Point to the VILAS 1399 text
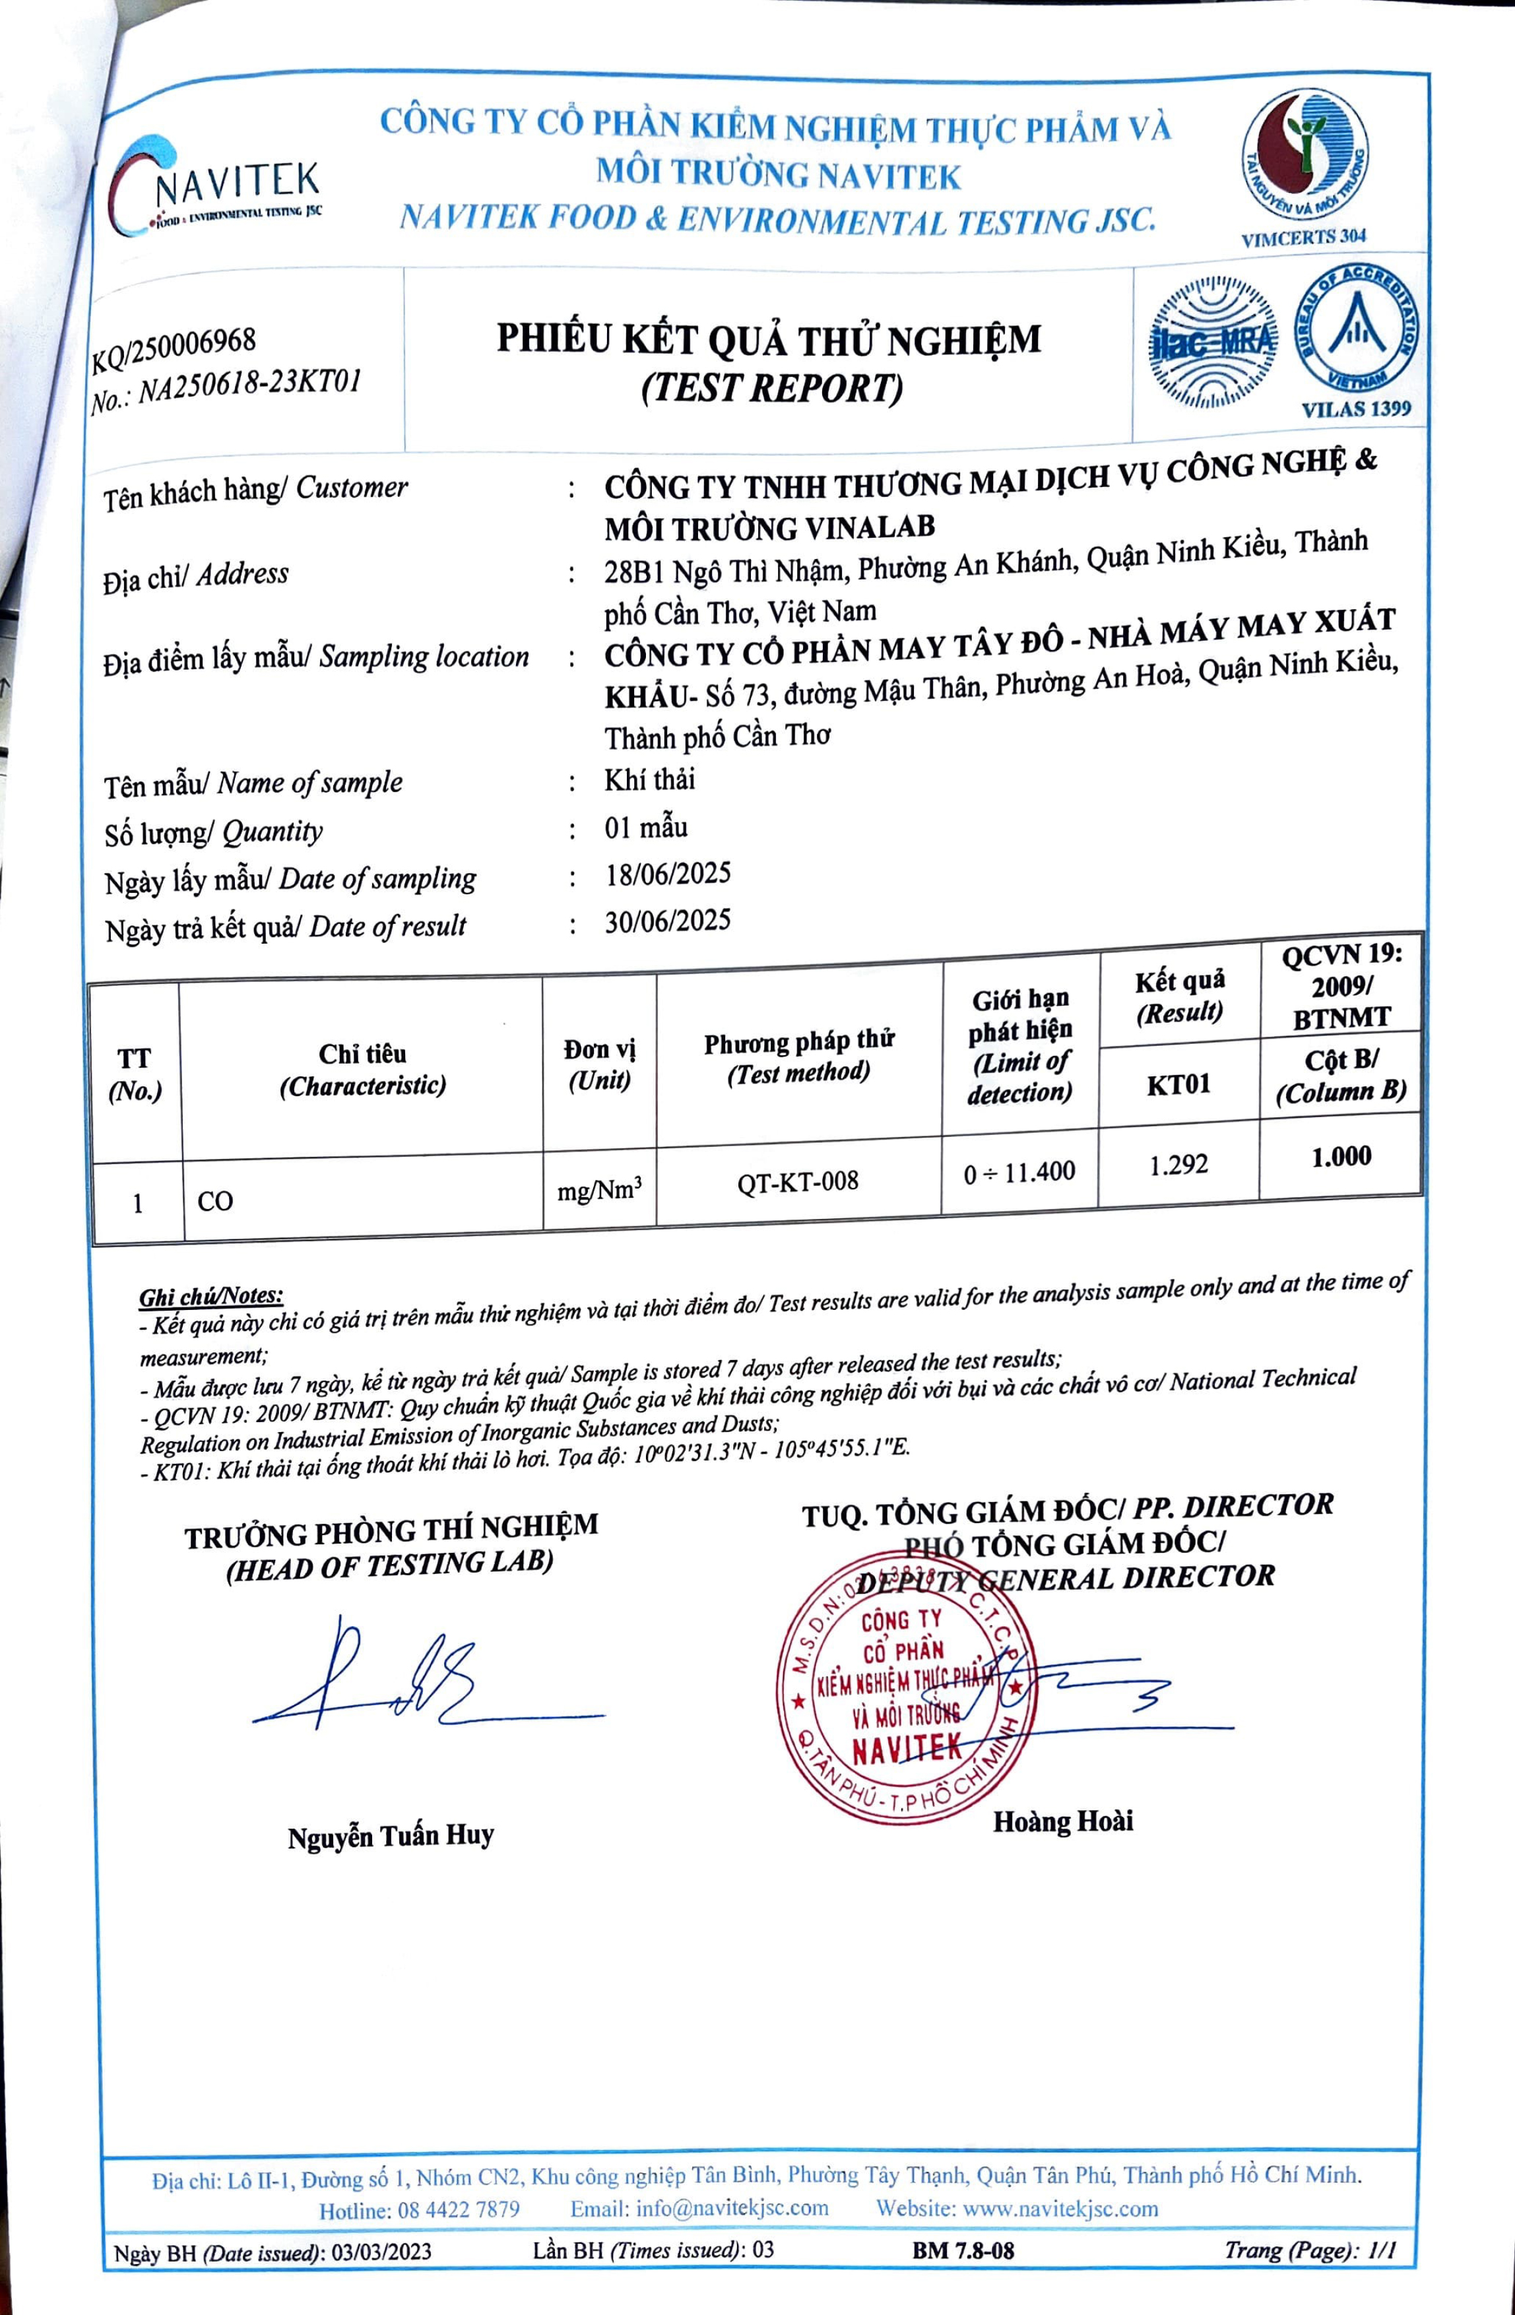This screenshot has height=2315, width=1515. point(1355,408)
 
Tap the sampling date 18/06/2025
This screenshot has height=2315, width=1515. point(667,874)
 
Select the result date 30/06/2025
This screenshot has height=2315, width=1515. point(667,920)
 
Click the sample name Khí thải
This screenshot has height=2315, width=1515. point(649,780)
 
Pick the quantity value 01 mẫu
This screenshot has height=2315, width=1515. point(646,828)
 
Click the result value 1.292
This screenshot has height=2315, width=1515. point(1178,1164)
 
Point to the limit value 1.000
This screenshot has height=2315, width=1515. point(1341,1157)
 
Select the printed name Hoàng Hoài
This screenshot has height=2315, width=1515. point(1063,1821)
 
